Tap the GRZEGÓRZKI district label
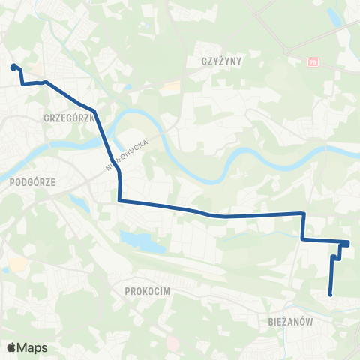coord(68,118)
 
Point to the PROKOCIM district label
coord(150,289)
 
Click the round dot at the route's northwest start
coord(13,67)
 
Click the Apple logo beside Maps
coord(12,348)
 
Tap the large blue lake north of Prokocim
coord(142,241)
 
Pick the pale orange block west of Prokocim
coord(16,264)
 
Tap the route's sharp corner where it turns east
coord(120,200)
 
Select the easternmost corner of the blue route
coord(349,242)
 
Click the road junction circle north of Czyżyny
coord(288,51)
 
